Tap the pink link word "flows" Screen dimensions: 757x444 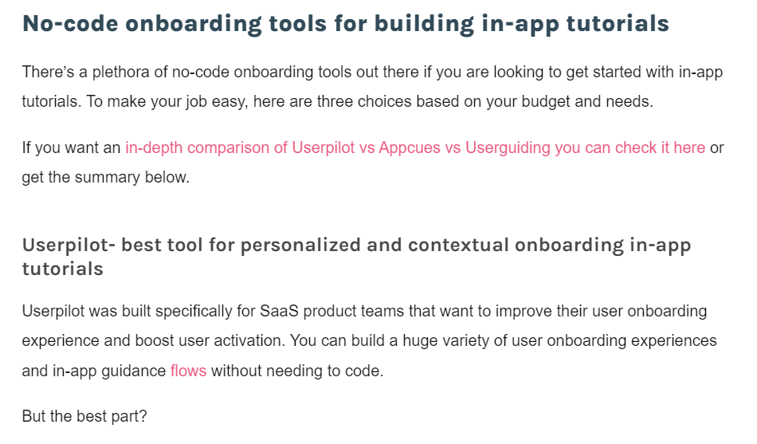188,371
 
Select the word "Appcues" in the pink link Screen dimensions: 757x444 410,147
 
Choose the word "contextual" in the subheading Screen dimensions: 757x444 458,245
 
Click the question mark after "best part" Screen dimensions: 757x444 143,416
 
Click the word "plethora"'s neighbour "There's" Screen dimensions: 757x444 48,72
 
